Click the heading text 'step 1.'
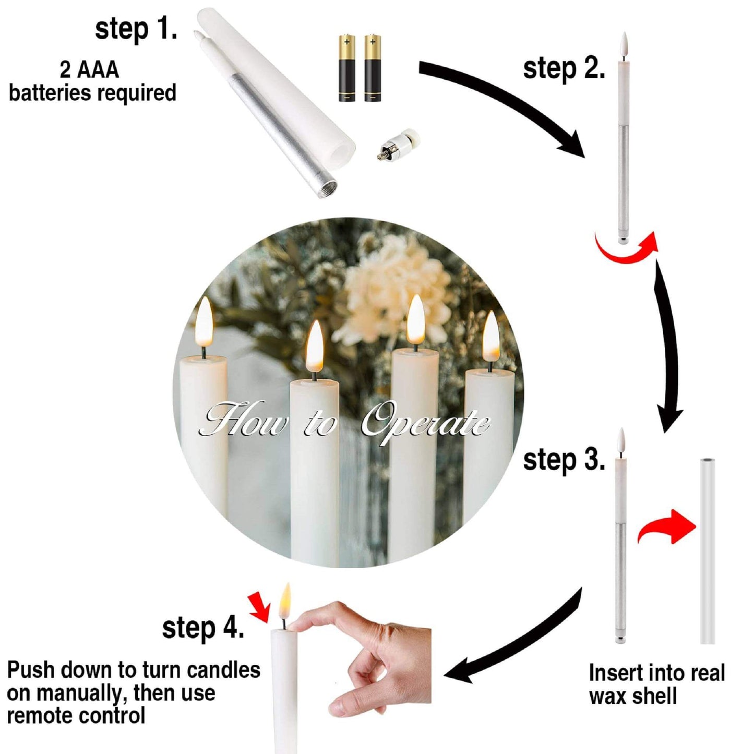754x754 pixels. pyautogui.click(x=136, y=29)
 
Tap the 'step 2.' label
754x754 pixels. pyautogui.click(x=564, y=69)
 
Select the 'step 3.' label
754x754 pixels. pyautogui.click(x=564, y=460)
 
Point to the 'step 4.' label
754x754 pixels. pyautogui.click(x=203, y=628)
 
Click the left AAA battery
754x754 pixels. pyautogui.click(x=346, y=69)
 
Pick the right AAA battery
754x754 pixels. pyautogui.click(x=373, y=69)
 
